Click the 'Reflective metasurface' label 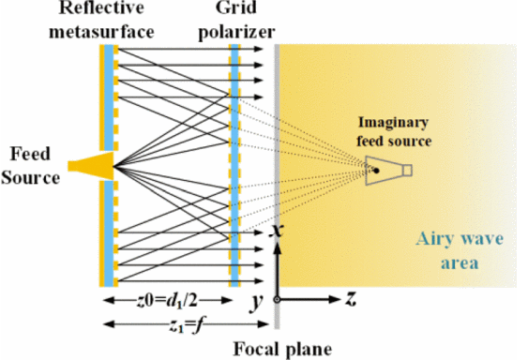101,20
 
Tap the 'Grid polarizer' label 236,21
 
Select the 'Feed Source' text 30,165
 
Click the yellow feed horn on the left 91,166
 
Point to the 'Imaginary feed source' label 394,131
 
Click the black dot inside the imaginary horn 376,171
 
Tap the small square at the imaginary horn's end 407,170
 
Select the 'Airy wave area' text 460,251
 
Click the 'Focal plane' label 282,350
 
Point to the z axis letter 351,299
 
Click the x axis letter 278,231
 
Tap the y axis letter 257,303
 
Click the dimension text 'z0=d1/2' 167,301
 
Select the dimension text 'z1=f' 187,325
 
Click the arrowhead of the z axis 335,299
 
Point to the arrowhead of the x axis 278,248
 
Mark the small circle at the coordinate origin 277,299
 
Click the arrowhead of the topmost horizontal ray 259,49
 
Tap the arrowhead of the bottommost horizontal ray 259,281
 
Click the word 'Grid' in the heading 236,8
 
